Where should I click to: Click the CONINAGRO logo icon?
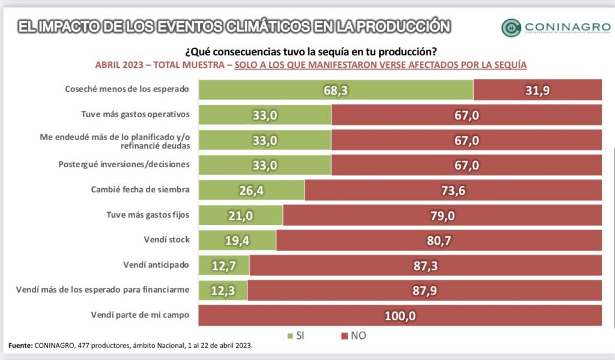point(511,28)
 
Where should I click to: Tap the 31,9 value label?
point(538,90)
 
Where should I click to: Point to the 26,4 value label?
point(251,191)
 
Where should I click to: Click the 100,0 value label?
point(399,315)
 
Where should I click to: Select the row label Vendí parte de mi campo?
point(140,314)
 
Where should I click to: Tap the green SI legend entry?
point(294,335)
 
